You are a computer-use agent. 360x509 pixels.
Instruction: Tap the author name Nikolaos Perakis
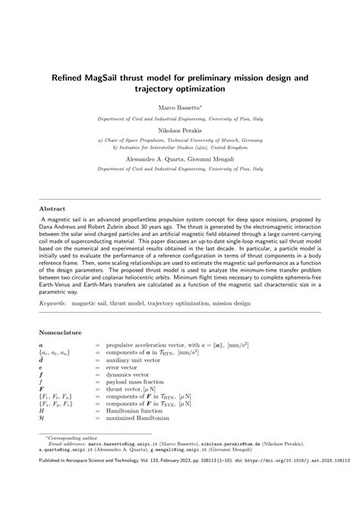pos(180,130)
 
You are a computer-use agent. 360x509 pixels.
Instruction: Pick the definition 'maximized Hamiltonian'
pos(142,417)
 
